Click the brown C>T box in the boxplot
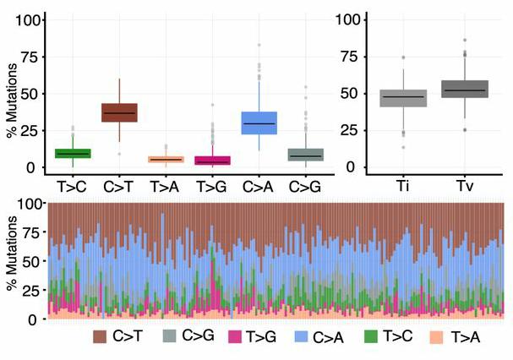[x=119, y=112]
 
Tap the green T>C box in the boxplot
[x=73, y=153]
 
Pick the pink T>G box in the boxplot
[x=212, y=161]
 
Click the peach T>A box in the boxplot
[x=166, y=159]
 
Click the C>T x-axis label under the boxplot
[x=119, y=184]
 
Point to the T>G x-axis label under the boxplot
[x=212, y=184]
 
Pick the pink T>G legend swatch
[x=235, y=337]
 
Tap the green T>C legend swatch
[x=369, y=337]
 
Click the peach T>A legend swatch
[x=436, y=337]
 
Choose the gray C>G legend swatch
[x=167, y=337]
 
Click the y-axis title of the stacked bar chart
[x=12, y=262]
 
